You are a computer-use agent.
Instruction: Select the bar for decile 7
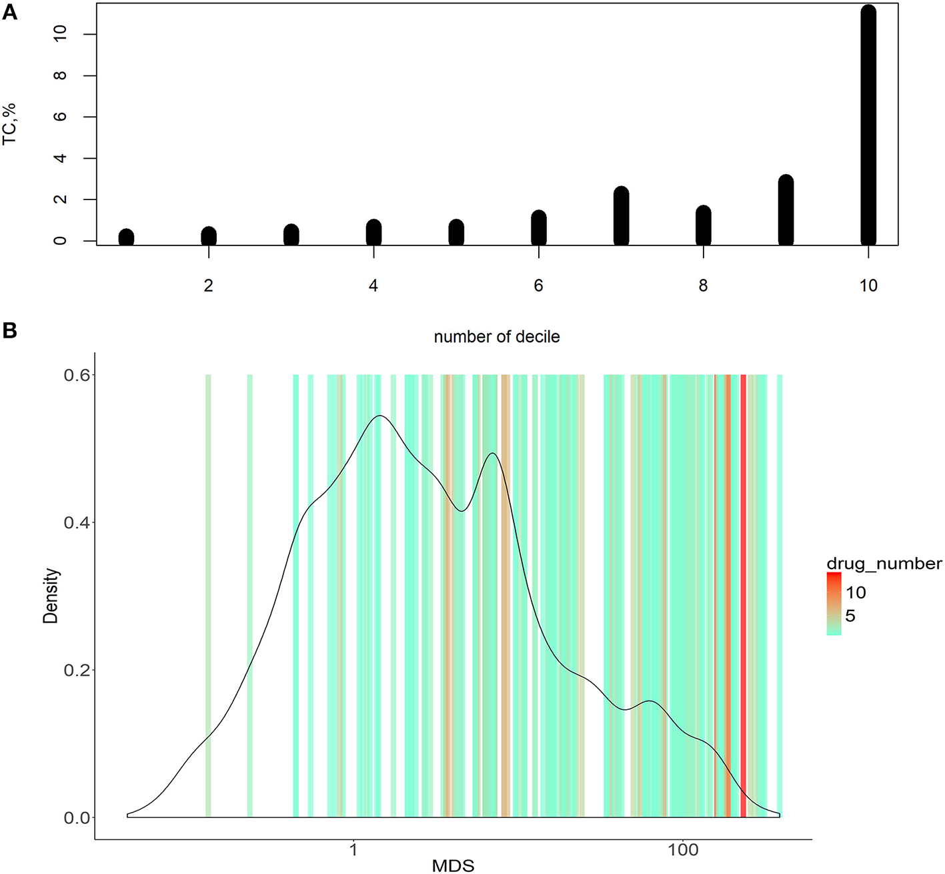pos(621,216)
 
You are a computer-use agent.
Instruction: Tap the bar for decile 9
pos(786,210)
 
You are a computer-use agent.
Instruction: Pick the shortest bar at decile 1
pos(126,237)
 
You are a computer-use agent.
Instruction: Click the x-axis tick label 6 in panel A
pos(538,286)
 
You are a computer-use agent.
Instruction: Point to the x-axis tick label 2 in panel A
pos(209,286)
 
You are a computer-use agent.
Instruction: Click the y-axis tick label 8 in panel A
pos(61,75)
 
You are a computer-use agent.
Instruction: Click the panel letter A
pos(9,12)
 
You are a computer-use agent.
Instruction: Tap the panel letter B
pos(9,330)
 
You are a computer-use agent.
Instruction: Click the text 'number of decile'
pos(497,337)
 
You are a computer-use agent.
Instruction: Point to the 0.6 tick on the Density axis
pos(76,375)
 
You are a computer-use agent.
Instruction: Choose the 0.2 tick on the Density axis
pos(76,670)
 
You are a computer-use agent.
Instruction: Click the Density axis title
pos(51,596)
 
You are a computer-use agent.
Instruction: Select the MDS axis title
pos(453,866)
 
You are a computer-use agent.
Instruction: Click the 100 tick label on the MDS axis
pos(683,850)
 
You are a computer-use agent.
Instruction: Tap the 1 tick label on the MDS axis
pos(353,850)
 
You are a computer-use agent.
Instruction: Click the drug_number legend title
pos(884,564)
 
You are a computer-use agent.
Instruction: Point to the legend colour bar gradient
pos(834,604)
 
